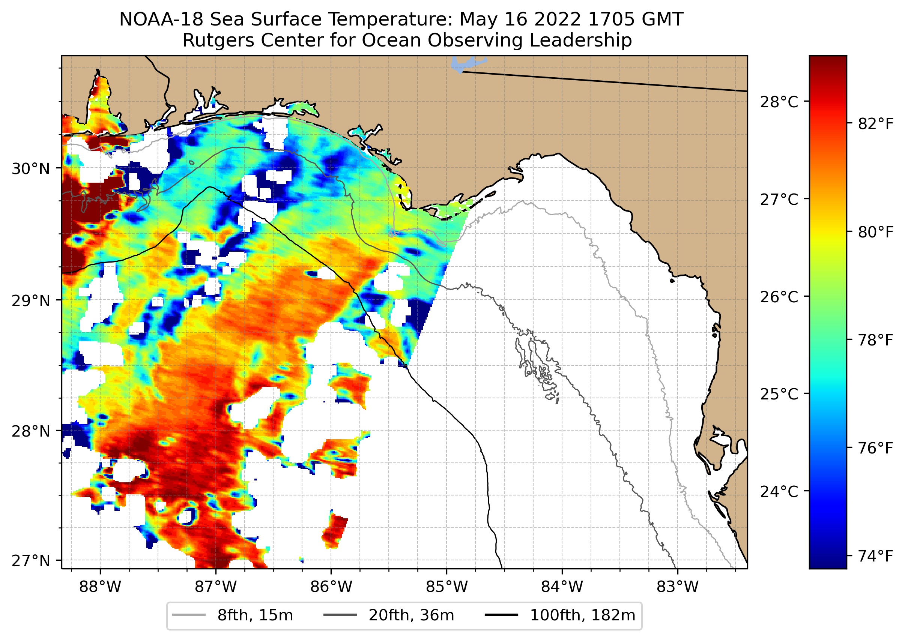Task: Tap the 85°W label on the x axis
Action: tap(446, 587)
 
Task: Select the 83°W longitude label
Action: tap(678, 587)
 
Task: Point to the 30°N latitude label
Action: tap(31, 169)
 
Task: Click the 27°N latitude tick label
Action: tap(31, 560)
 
